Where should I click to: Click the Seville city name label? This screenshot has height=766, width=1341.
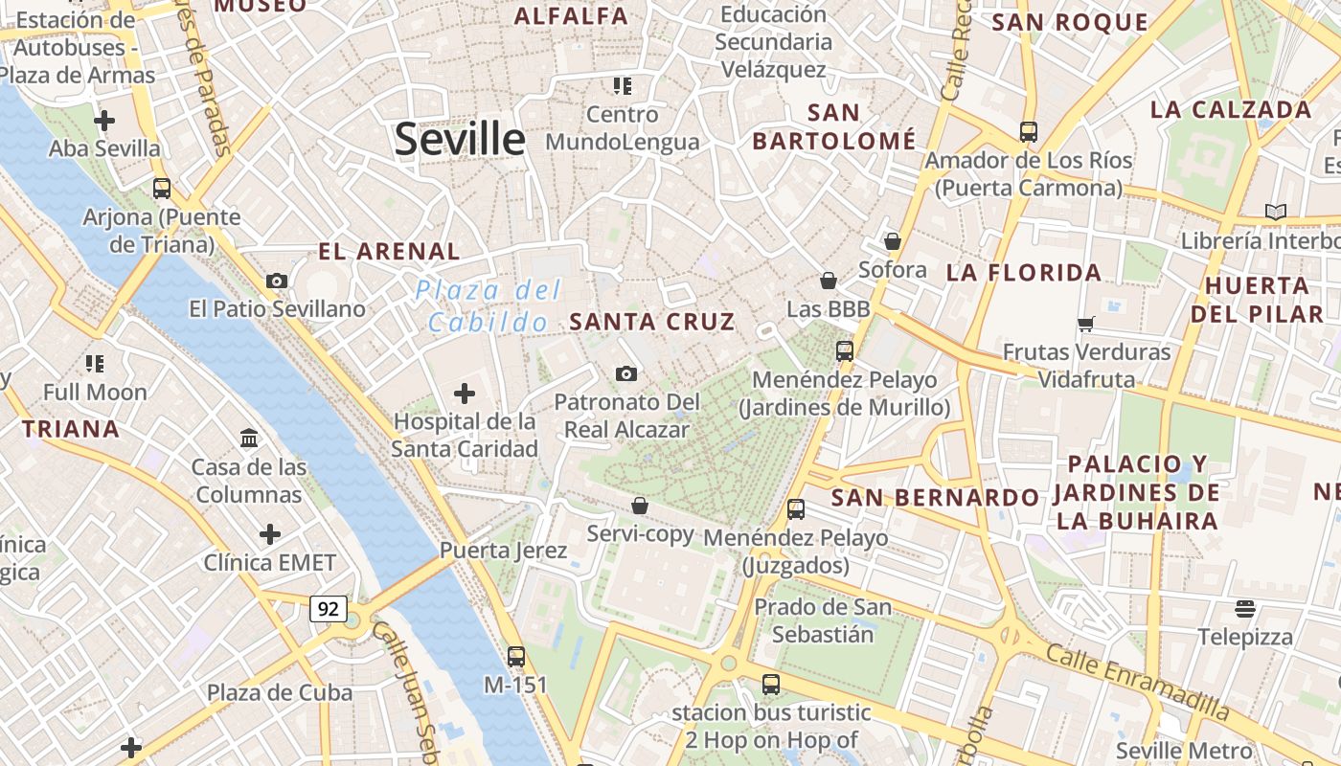[460, 140]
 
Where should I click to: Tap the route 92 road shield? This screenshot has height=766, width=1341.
[329, 608]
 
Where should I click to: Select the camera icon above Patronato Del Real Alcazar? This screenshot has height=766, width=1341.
[626, 373]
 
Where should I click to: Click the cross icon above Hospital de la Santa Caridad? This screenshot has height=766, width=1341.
[465, 393]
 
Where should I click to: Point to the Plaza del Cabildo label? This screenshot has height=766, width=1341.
[489, 306]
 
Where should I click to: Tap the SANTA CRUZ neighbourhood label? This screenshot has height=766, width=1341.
[652, 322]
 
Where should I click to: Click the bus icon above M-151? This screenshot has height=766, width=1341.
[516, 657]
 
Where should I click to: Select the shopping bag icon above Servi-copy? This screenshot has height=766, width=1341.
[640, 506]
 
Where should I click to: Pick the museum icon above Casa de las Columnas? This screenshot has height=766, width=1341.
[250, 439]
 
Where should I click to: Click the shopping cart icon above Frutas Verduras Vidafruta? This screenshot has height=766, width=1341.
[1085, 324]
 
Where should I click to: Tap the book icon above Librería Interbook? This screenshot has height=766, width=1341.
[1275, 212]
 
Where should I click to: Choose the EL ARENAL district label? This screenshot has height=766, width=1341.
[389, 252]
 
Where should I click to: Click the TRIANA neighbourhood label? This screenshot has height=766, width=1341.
[71, 429]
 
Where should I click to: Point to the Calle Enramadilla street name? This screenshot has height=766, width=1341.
[1137, 683]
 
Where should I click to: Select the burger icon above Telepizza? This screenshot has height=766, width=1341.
[1245, 608]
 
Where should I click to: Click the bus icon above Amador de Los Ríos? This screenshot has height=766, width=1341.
[1029, 131]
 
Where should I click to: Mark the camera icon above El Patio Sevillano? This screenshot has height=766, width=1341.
[277, 281]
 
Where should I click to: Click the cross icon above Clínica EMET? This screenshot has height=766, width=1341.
[270, 533]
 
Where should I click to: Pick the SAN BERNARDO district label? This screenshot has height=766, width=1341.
[935, 498]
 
